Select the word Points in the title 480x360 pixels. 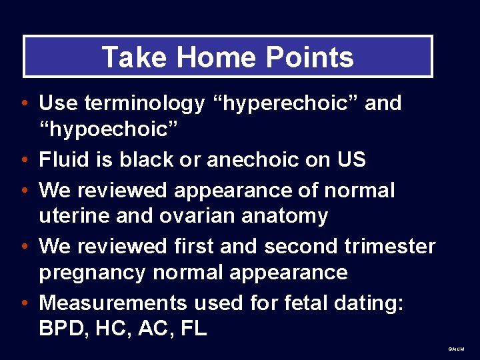[x=311, y=57]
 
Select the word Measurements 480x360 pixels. [x=113, y=303]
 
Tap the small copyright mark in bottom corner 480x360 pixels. [x=457, y=349]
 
